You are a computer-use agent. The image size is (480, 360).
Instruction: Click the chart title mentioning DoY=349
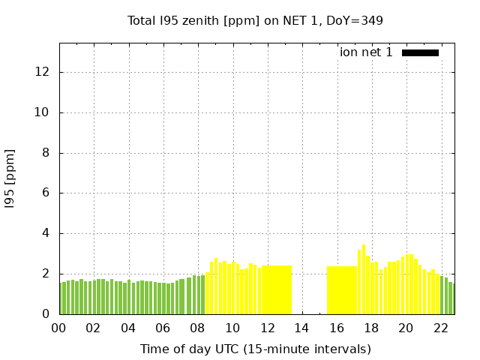tap(255, 20)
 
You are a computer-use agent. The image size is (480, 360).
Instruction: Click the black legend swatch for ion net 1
tap(420, 52)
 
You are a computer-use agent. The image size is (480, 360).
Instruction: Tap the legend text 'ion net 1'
tap(366, 52)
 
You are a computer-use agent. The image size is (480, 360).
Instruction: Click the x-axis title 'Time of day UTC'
tap(255, 349)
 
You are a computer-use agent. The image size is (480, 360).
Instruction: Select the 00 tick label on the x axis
tap(59, 328)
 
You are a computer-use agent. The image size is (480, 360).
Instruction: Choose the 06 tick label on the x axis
tap(163, 328)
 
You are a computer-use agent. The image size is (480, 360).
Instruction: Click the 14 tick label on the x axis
tap(301, 328)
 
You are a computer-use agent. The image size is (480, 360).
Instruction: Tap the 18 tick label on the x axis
tap(370, 328)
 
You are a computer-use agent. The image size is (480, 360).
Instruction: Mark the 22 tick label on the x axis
tap(440, 328)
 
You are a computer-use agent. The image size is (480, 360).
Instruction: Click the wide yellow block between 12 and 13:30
tap(277, 290)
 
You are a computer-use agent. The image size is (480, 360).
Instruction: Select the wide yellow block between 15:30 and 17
tap(341, 290)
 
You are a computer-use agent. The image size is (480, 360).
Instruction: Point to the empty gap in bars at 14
tap(309, 292)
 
